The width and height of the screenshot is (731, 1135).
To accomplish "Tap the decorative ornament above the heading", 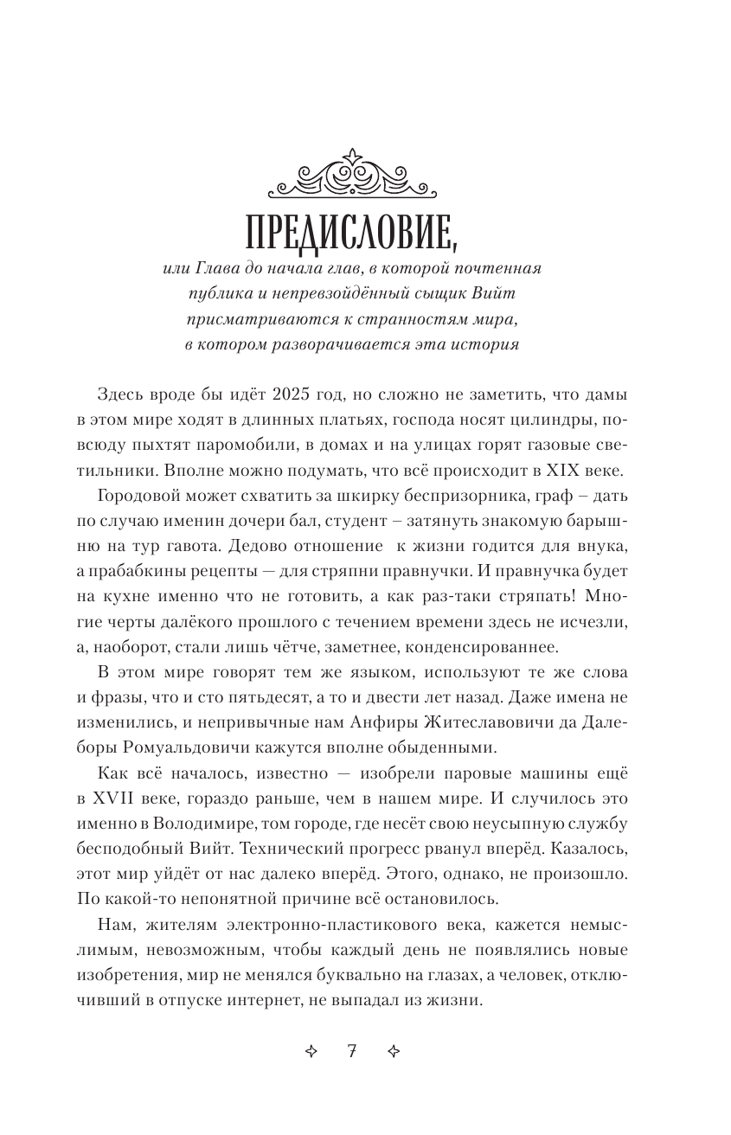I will click(x=350, y=176).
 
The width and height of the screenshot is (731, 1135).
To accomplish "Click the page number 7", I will click(x=351, y=1053).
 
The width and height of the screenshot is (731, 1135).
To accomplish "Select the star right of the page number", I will click(x=392, y=1053).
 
